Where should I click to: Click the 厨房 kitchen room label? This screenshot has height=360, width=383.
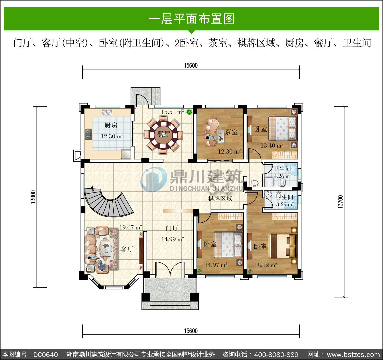click(x=111, y=126)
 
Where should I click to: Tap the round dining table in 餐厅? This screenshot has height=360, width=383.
click(x=163, y=135)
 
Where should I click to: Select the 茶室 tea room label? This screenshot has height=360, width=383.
click(x=231, y=132)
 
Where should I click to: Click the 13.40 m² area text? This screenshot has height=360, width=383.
click(x=272, y=145)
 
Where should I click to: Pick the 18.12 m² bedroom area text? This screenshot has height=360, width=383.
click(x=266, y=265)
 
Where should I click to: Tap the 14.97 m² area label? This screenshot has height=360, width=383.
click(x=216, y=265)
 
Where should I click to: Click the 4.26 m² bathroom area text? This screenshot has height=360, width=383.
click(x=283, y=176)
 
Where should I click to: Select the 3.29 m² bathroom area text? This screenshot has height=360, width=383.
click(x=285, y=204)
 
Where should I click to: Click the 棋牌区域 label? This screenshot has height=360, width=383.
click(x=220, y=199)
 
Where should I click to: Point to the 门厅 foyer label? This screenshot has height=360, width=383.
click(x=172, y=229)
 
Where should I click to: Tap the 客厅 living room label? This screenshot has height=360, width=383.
click(x=127, y=249)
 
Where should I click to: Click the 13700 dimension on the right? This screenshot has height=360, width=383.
click(x=340, y=202)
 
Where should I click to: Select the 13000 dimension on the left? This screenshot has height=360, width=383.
click(x=33, y=197)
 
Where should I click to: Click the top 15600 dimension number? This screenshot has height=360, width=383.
click(x=191, y=66)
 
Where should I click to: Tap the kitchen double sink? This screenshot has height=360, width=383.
click(x=107, y=112)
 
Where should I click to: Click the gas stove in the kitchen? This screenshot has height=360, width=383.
click(x=89, y=134)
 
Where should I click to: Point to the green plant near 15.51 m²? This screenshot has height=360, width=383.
click(x=189, y=112)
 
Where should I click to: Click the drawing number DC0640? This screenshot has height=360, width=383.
click(x=45, y=355)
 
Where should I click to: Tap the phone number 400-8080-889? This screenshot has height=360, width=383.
click(x=276, y=355)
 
